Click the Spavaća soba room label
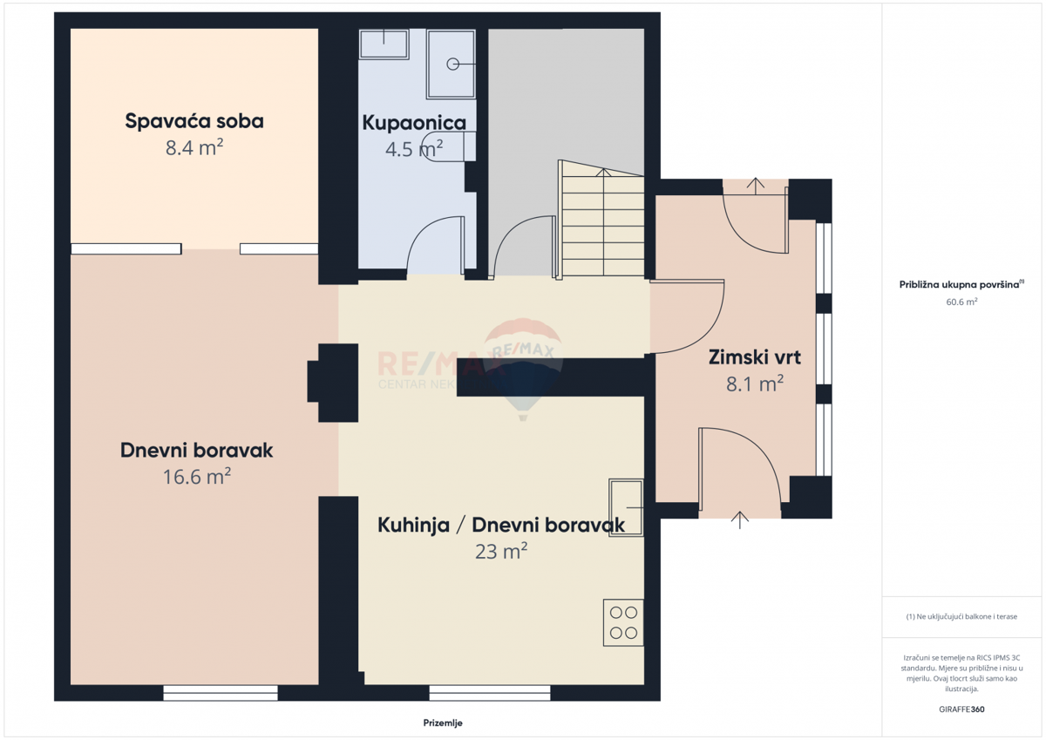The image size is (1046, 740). (x=194, y=121)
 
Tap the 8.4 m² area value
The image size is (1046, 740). (x=194, y=147)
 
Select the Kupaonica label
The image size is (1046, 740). (x=414, y=123)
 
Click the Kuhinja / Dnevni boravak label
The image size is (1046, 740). (x=500, y=525)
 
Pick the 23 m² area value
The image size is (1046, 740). (x=501, y=551)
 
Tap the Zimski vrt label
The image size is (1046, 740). (x=755, y=356)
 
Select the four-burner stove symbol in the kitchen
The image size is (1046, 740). (x=623, y=622)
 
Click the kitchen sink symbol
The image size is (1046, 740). (x=626, y=506)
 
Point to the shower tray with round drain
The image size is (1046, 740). (x=451, y=64)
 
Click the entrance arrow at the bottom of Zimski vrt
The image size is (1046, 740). (x=740, y=519)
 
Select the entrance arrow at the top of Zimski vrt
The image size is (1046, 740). (x=756, y=185)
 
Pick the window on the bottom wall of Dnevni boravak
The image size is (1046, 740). (x=221, y=693)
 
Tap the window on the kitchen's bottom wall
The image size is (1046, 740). (x=489, y=693)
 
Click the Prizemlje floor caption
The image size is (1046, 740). (x=443, y=723)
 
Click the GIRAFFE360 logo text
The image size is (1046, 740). (x=961, y=709)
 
